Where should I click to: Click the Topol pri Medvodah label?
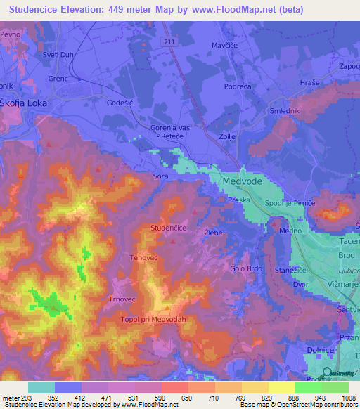[155, 318]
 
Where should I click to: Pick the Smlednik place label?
[286, 111]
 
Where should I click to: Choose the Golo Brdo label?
[247, 268]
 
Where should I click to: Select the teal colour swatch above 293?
[41, 387]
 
